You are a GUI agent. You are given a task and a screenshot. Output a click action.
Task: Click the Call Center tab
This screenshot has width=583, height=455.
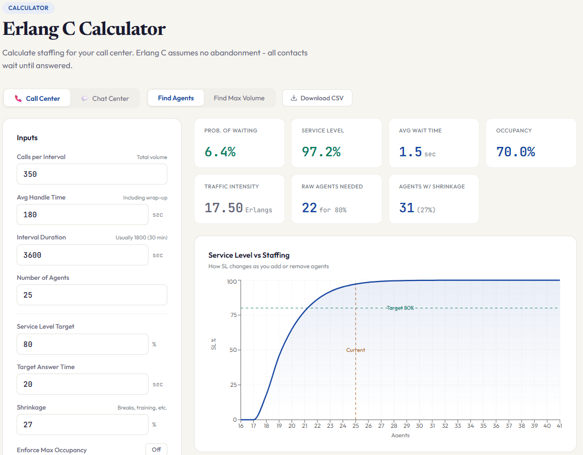point(37,98)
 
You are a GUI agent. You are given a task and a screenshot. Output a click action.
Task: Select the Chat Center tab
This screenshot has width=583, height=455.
point(105,98)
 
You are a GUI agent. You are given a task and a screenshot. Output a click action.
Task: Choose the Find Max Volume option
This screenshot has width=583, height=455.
point(239,98)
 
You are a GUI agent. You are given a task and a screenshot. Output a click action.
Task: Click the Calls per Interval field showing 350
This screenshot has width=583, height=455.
point(91,174)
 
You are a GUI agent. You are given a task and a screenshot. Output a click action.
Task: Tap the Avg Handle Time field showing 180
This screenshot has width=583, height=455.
point(82,214)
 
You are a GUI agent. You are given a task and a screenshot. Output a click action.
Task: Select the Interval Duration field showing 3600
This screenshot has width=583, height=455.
point(82,255)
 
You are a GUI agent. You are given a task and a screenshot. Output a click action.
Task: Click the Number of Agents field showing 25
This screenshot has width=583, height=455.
point(91,295)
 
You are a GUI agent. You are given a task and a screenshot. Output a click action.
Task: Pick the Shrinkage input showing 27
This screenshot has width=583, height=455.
point(82,425)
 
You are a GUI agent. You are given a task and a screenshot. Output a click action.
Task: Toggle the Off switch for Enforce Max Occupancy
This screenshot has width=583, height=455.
point(156,449)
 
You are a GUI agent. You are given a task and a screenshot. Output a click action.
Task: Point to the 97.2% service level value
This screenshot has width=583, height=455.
point(321,152)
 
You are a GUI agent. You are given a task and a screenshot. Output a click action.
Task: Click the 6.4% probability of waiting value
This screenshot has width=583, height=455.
point(220,152)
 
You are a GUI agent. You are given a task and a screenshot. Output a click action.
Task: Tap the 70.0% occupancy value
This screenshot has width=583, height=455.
point(515,152)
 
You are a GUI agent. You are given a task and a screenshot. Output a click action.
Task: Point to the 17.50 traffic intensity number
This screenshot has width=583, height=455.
point(223,208)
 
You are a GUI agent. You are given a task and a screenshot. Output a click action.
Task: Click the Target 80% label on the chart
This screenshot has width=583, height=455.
point(400,308)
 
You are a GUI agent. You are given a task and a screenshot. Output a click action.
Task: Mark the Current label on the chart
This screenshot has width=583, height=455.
point(356,350)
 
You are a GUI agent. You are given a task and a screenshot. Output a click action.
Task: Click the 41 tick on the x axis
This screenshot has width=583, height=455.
point(560,426)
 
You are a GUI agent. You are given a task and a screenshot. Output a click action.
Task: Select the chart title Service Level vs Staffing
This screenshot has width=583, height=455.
point(249,255)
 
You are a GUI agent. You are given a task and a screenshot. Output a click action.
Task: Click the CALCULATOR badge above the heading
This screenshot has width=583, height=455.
point(28,8)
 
